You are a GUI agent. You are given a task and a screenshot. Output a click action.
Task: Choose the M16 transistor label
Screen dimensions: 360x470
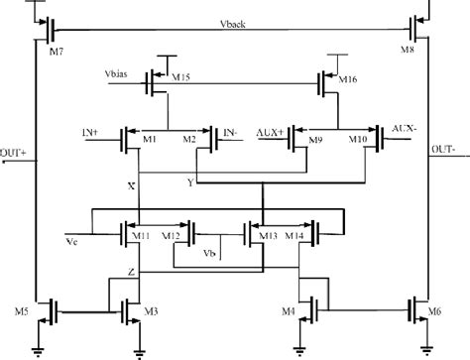point(344,77)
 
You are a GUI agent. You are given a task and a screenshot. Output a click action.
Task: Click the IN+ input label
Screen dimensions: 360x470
point(92,131)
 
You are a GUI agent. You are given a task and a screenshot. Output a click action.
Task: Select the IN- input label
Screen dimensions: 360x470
point(230,131)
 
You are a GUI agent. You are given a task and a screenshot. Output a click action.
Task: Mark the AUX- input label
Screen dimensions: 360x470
point(404,130)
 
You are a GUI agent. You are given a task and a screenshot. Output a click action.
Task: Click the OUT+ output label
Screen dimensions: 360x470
point(13,151)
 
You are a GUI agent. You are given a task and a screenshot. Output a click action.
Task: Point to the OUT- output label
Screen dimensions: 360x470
point(446,151)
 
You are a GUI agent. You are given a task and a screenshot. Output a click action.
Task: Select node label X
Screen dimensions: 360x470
point(132,185)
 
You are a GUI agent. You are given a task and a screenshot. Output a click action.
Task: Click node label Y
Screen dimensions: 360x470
point(189,182)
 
